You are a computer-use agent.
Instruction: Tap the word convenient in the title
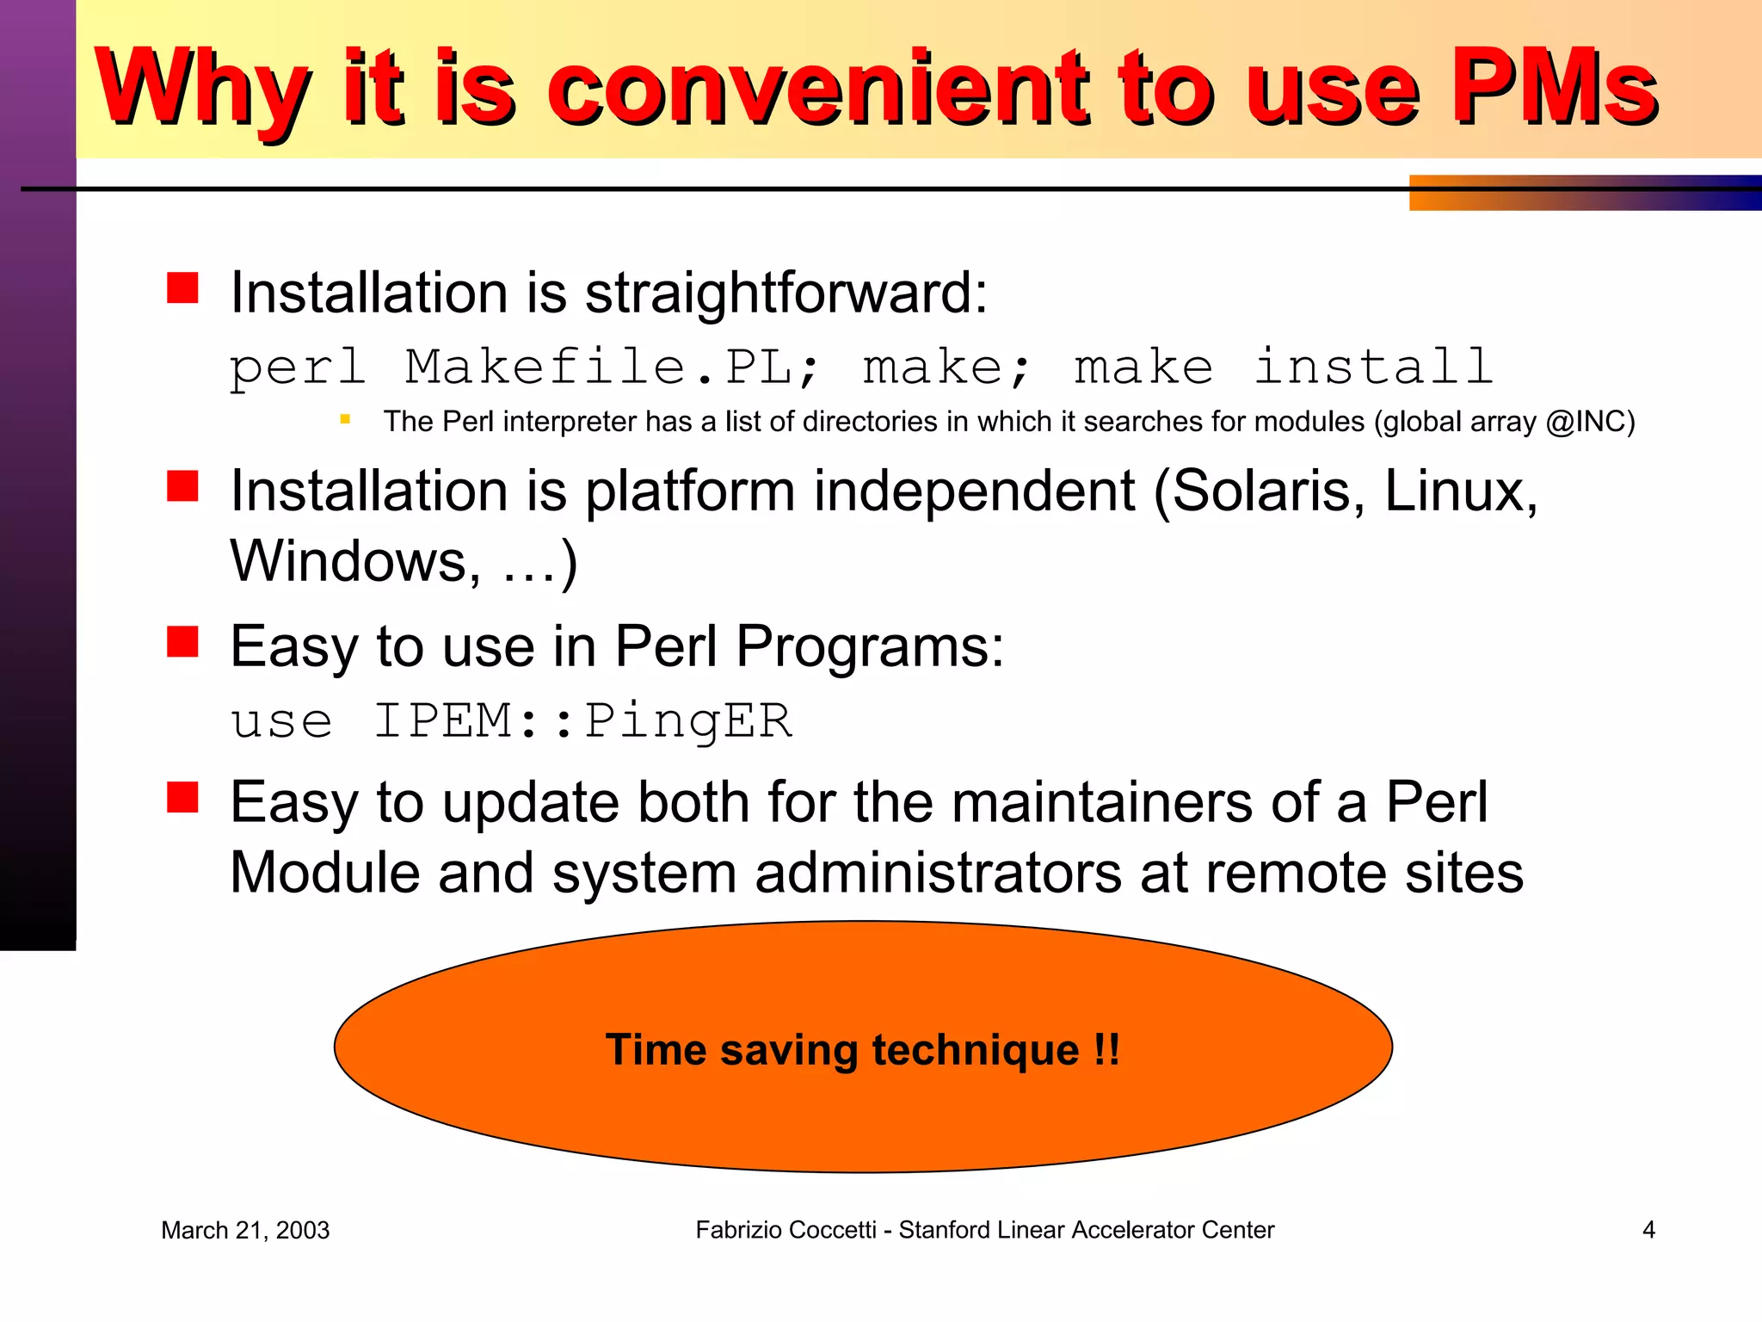coord(822,88)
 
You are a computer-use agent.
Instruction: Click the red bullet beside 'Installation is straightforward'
coord(182,288)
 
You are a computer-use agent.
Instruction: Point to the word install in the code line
coord(1372,368)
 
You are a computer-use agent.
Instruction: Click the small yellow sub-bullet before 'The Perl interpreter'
coord(345,420)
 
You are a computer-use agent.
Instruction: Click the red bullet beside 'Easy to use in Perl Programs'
coord(182,641)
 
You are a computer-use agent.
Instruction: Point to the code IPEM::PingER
coord(582,720)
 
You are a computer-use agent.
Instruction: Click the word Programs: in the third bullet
coord(870,646)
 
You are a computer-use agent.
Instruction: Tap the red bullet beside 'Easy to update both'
coord(182,797)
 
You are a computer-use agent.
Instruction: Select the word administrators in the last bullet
coord(938,873)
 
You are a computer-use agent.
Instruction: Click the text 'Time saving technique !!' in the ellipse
coord(862,1049)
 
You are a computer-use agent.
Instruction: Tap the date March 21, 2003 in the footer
coord(245,1231)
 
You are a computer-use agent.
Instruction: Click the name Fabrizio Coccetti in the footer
coord(786,1230)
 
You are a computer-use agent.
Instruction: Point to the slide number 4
coord(1648,1230)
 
